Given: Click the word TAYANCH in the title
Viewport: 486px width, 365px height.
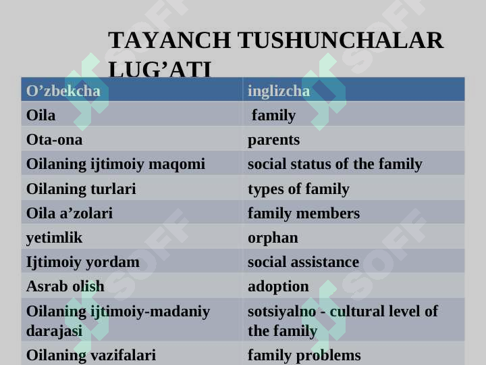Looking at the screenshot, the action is tap(169, 40).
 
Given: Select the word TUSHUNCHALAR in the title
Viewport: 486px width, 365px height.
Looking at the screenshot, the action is tap(341, 40).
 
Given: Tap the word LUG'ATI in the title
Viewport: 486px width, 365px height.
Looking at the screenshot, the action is tap(160, 69).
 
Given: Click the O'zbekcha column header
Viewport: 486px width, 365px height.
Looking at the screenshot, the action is tap(63, 91).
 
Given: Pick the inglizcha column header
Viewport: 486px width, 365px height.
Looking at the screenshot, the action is tap(279, 91).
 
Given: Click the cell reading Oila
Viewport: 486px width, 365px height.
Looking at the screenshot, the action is tap(41, 115).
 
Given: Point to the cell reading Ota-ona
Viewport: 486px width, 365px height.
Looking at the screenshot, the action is tap(54, 140).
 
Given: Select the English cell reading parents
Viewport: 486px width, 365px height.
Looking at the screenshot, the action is tap(273, 141).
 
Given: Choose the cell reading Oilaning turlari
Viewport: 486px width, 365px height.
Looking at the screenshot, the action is tap(81, 189).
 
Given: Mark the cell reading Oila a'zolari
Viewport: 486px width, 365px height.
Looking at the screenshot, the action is tap(70, 213).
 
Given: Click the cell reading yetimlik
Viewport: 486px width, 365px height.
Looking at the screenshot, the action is tap(54, 238).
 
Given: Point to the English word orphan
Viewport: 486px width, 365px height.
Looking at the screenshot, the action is tap(273, 239).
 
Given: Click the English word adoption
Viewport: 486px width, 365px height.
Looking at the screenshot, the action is tap(278, 287).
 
